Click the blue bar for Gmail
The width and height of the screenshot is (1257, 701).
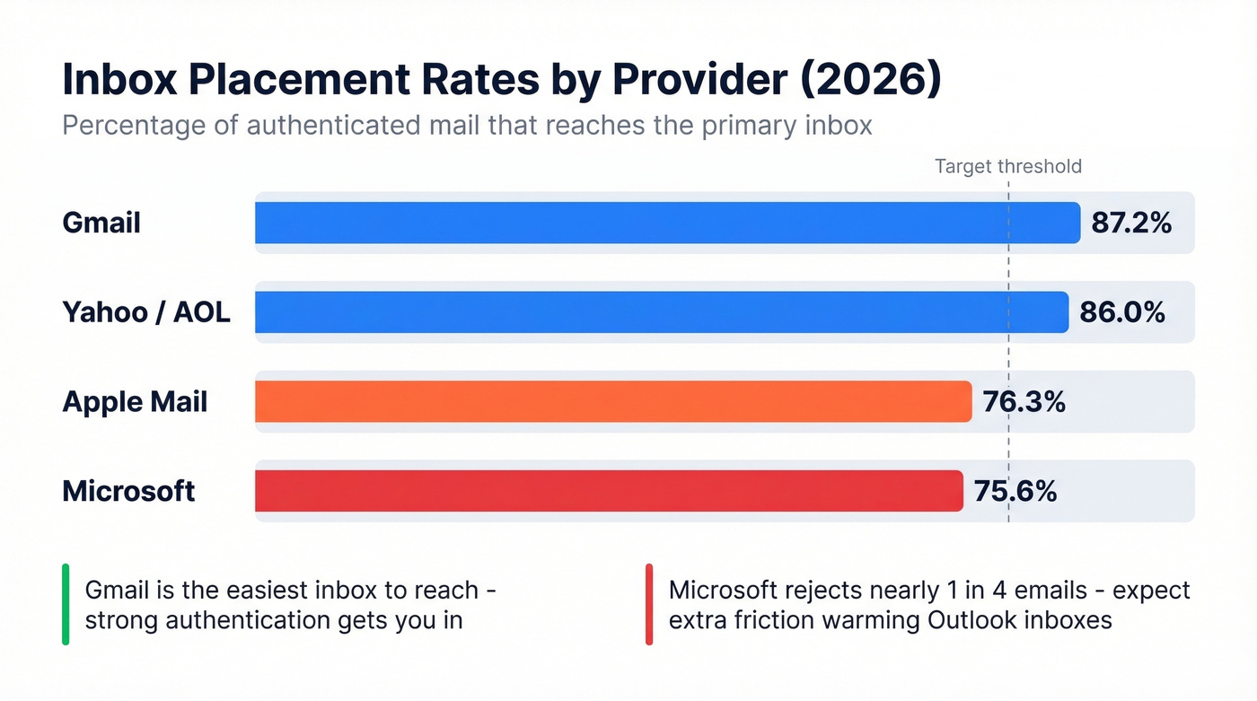point(667,223)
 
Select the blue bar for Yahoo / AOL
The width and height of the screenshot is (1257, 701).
point(662,312)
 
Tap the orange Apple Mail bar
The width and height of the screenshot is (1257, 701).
point(613,401)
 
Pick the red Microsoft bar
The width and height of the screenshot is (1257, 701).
point(609,491)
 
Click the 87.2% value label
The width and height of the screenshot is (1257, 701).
point(1131,223)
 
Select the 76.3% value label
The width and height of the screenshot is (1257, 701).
point(1024,401)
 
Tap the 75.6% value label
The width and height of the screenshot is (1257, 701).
point(1015,491)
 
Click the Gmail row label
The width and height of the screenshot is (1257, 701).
point(101,223)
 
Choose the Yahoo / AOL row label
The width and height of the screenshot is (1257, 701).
point(146,312)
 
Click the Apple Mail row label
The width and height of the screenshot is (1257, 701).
point(135,401)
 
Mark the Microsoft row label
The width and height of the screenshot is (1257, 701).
point(128,491)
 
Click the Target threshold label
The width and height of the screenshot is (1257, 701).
point(1007,166)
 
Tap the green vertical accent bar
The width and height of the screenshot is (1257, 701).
point(66,604)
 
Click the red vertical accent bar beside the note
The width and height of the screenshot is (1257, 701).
point(649,604)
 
